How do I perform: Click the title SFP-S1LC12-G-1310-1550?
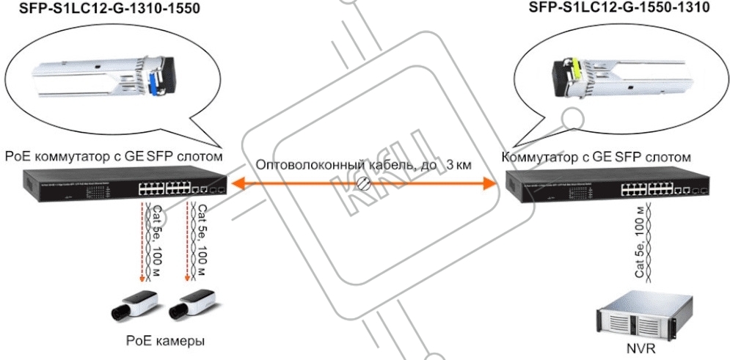pyautogui.click(x=109, y=8)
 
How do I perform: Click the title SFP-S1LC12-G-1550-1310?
pyautogui.click(x=620, y=8)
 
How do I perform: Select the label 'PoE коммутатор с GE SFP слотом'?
pyautogui.click(x=114, y=156)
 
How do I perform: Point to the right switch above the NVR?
pyautogui.click(x=608, y=187)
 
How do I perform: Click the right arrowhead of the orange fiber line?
pyautogui.click(x=490, y=183)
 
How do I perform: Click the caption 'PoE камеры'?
pyautogui.click(x=166, y=342)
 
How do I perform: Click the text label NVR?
pyautogui.click(x=641, y=349)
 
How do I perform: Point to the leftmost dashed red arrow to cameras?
pyautogui.click(x=142, y=243)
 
